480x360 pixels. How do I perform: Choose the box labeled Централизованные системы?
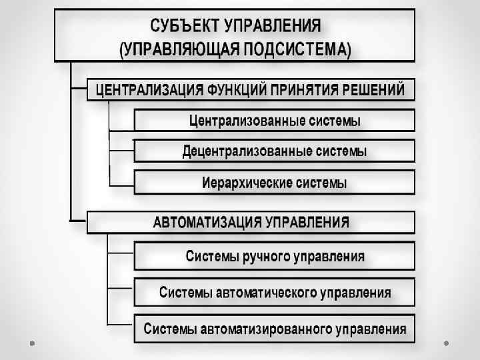point(274,121)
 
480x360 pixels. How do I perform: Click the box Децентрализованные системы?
point(274,151)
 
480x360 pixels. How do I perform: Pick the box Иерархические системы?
point(274,182)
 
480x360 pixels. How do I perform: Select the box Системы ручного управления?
point(274,256)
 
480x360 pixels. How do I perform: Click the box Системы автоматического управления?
point(274,293)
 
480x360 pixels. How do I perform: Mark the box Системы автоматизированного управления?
point(274,329)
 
